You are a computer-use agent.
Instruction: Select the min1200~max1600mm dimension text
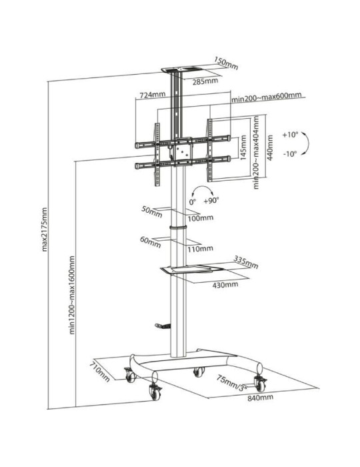tap(71, 299)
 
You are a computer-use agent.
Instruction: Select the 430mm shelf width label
tap(225, 284)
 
